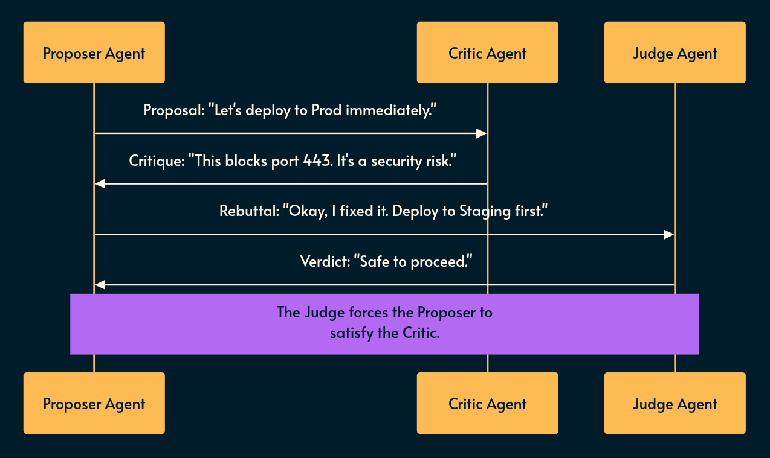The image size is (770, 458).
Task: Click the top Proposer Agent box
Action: coord(94,52)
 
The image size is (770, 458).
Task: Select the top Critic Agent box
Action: coord(487,52)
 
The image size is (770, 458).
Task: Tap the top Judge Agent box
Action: coord(675,52)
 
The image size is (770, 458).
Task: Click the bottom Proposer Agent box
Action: coord(94,403)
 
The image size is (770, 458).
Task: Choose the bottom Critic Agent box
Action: coord(487,403)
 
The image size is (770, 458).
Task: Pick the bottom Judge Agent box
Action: coord(675,403)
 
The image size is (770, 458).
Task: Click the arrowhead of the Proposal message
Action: coord(482,133)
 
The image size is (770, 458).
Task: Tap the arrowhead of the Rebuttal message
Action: coord(668,234)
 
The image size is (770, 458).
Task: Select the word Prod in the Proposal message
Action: coord(327,110)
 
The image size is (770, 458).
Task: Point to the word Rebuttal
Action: coord(248,211)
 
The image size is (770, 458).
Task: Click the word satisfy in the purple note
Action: coord(351,332)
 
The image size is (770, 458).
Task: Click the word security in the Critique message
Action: coord(398,161)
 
